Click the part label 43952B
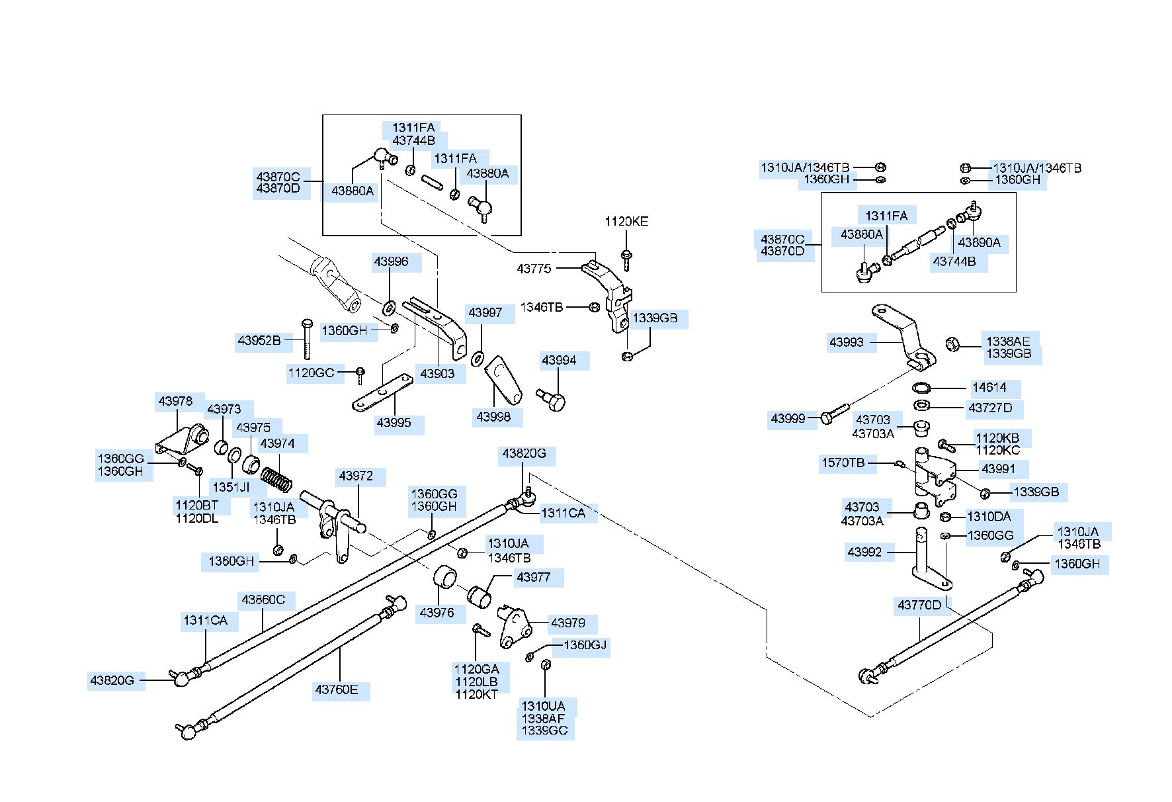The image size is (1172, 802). pyautogui.click(x=259, y=341)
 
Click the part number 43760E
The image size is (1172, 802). pyautogui.click(x=337, y=690)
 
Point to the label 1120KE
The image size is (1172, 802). pyautogui.click(x=626, y=222)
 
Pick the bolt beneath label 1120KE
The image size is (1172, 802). pyautogui.click(x=626, y=260)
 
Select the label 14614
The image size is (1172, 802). pyautogui.click(x=989, y=388)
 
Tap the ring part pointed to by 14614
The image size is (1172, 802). pyautogui.click(x=923, y=388)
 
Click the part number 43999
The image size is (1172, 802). pyautogui.click(x=788, y=418)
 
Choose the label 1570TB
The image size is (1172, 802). pyautogui.click(x=843, y=463)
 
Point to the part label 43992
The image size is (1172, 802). pyautogui.click(x=864, y=552)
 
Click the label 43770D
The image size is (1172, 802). pyautogui.click(x=919, y=605)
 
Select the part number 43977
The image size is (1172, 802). pyautogui.click(x=534, y=577)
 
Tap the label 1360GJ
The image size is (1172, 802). pyautogui.click(x=585, y=645)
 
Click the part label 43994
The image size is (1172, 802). pyautogui.click(x=559, y=361)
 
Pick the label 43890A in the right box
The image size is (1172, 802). pyautogui.click(x=979, y=242)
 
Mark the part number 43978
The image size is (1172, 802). pyautogui.click(x=175, y=401)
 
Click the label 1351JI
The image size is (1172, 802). pyautogui.click(x=231, y=487)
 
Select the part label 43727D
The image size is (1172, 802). pyautogui.click(x=990, y=408)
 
